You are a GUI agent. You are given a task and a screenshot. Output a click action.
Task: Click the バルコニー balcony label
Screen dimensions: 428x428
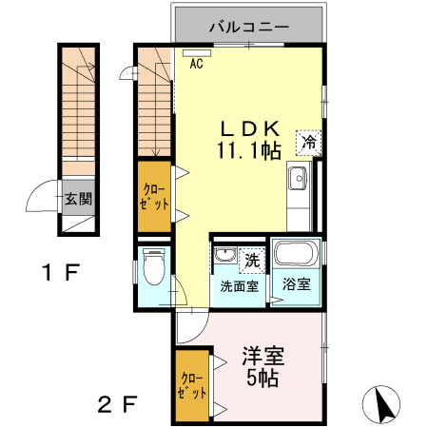pos(248,26)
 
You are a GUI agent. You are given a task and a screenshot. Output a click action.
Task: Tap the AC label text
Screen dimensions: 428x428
pos(197,65)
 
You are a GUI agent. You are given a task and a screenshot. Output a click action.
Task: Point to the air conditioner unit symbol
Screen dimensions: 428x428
pos(197,53)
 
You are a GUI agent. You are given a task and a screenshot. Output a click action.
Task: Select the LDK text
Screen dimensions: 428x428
pos(250,127)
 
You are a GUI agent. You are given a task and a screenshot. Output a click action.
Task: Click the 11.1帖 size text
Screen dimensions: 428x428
pos(250,149)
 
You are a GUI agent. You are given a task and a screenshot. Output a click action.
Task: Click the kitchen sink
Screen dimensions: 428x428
pos(297,177)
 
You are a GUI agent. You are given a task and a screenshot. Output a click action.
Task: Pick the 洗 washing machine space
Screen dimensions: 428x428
pos(250,259)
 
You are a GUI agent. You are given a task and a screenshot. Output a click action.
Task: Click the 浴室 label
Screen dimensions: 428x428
pos(294,283)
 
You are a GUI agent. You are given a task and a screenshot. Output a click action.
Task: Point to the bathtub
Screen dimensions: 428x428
pos(295,254)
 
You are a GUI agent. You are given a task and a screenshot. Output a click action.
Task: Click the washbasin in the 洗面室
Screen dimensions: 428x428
pos(224,256)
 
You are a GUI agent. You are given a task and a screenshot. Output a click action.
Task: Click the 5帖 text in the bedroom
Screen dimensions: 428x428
pos(262,379)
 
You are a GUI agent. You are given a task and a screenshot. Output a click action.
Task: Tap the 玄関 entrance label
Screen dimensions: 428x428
pos(78,200)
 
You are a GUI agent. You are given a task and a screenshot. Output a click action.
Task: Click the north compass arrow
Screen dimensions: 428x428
pos(385,403)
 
